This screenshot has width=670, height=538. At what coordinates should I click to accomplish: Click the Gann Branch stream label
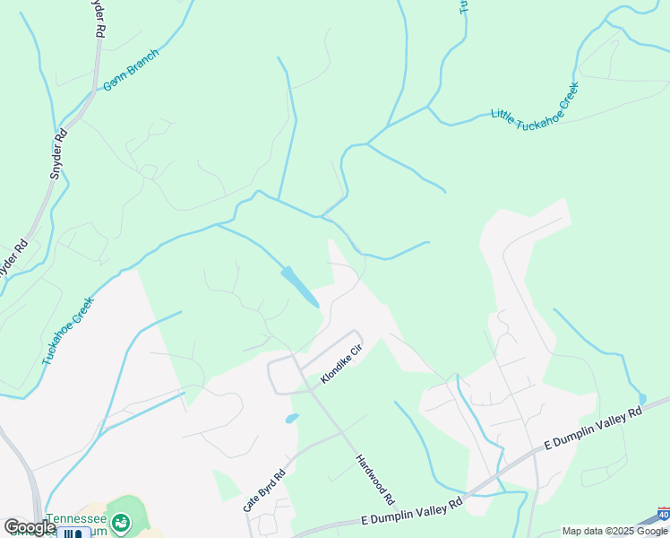pos(131,70)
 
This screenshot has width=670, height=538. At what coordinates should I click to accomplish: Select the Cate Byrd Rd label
pos(264,490)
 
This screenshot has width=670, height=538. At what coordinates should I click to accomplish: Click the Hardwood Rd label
pos(376,478)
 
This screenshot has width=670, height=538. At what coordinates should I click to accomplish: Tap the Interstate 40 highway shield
pos(661,515)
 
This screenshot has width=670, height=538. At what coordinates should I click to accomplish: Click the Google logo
pos(30,527)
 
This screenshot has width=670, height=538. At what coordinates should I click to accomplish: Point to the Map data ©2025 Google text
pos(614,531)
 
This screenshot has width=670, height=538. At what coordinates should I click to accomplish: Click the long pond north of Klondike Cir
pos(299,286)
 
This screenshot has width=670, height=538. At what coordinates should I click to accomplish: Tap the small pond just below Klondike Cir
pos(291,418)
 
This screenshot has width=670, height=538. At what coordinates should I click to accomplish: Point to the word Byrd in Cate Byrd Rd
pos(265,488)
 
